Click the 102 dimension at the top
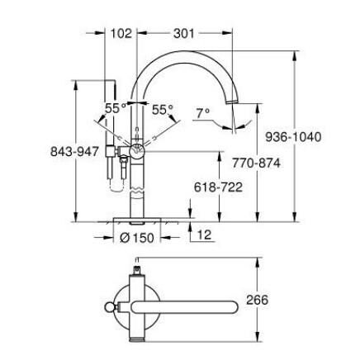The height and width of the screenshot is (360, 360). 121,34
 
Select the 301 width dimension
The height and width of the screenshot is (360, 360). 183,34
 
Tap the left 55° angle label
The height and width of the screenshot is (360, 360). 115,108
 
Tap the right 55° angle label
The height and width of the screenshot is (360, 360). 163,108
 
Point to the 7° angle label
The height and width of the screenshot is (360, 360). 202,112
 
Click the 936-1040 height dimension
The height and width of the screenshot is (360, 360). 294,137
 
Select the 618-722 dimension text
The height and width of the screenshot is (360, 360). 217,187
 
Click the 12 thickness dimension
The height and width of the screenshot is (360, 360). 203,235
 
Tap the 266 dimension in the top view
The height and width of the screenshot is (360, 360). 257,301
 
